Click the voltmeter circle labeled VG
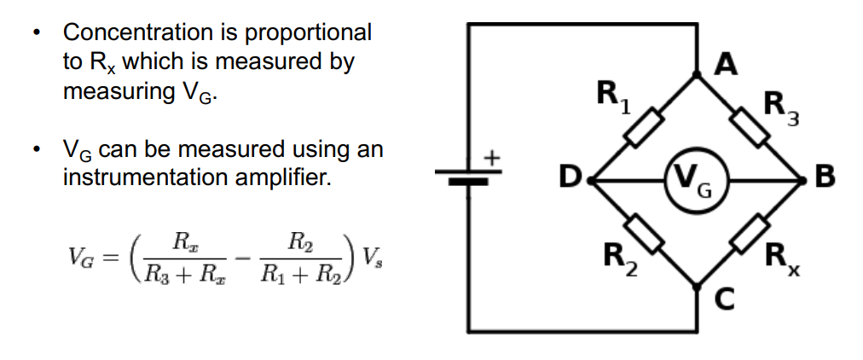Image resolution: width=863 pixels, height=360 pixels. (695, 181)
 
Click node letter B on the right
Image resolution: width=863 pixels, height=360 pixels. (825, 179)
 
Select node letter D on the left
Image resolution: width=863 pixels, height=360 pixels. (569, 179)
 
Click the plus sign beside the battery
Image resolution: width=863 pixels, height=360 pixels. (491, 158)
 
